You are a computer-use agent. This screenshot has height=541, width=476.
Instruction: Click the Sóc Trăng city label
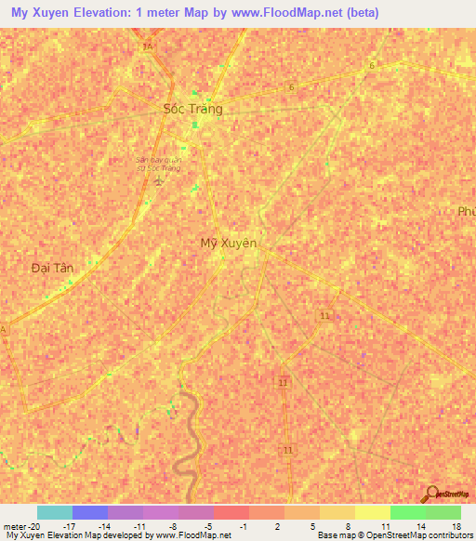pyautogui.click(x=193, y=109)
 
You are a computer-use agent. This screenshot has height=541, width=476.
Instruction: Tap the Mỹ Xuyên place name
pyautogui.click(x=229, y=244)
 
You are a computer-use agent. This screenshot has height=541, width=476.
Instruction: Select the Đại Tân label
pyautogui.click(x=51, y=268)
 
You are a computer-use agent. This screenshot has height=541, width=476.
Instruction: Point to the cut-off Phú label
pyautogui.click(x=466, y=212)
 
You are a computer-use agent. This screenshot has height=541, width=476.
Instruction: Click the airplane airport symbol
pyautogui.click(x=158, y=179)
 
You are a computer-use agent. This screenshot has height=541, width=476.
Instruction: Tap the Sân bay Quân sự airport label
pyautogui.click(x=157, y=163)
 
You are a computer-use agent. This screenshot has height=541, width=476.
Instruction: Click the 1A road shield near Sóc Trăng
pyautogui.click(x=146, y=46)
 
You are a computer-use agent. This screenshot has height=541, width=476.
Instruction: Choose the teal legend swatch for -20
pyautogui.click(x=54, y=512)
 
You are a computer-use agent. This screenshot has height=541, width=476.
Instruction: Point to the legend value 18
pyautogui.click(x=455, y=525)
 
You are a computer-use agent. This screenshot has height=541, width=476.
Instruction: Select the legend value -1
pyautogui.click(x=243, y=525)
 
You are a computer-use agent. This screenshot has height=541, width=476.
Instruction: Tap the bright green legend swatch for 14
pyautogui.click(x=407, y=512)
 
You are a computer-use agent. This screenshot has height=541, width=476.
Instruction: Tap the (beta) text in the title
pyautogui.click(x=358, y=14)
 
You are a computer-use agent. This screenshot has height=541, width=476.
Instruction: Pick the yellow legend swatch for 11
pyautogui.click(x=372, y=512)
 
